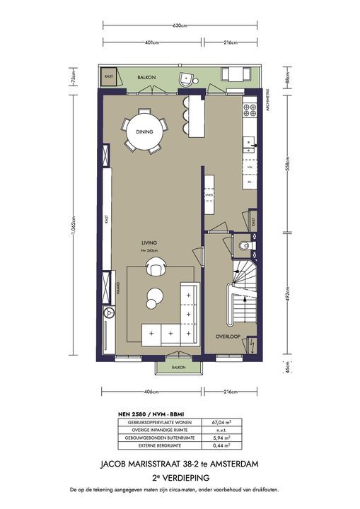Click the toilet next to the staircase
pyautogui.click(x=244, y=247)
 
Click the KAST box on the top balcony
pyautogui.click(x=109, y=76)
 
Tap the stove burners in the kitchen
pyautogui.click(x=249, y=110)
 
